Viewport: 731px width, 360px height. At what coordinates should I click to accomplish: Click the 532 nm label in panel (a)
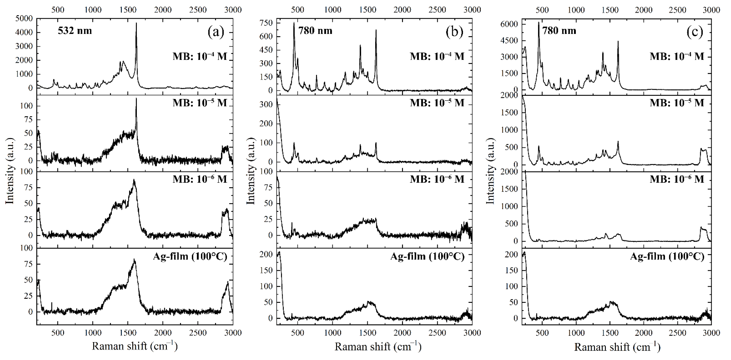point(75,31)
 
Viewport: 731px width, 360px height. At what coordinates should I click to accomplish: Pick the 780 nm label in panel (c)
point(559,31)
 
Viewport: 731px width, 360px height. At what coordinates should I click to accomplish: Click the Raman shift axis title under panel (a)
point(134,346)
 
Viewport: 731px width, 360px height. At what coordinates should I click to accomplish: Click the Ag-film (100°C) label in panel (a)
point(190,256)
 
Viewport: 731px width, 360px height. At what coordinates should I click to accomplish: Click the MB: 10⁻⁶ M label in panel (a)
point(200,179)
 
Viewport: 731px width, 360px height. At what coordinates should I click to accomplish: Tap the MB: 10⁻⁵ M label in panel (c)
point(677,103)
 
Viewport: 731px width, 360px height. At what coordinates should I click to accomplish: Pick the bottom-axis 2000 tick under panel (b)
point(402,333)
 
